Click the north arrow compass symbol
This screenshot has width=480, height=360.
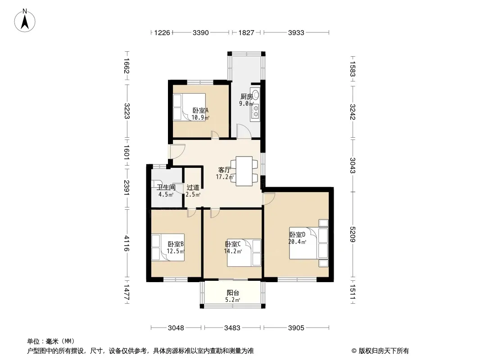click(x=25, y=21)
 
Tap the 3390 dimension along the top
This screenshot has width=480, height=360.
click(x=200, y=33)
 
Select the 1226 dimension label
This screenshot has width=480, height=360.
click(x=162, y=33)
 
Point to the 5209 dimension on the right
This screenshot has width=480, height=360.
click(x=353, y=234)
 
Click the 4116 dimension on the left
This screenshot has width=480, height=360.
click(x=127, y=243)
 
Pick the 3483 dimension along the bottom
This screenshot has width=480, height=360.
click(x=232, y=328)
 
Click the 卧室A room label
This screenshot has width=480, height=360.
click(x=200, y=110)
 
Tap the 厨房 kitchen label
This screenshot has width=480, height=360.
click(x=246, y=97)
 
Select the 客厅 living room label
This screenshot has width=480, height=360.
click(x=224, y=170)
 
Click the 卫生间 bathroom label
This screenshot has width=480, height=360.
click(x=166, y=188)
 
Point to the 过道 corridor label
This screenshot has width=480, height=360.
click(x=193, y=187)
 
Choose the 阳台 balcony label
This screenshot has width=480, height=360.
click(x=233, y=292)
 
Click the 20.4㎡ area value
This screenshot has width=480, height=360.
click(x=297, y=242)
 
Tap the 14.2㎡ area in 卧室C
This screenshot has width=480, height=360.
click(x=233, y=252)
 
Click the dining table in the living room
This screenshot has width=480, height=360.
click(x=244, y=171)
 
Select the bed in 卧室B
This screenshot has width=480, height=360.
click(x=168, y=247)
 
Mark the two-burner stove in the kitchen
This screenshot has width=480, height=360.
click(x=255, y=111)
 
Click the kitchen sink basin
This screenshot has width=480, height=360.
click(x=256, y=95)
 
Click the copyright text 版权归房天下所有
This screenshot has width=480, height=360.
click(x=384, y=351)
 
